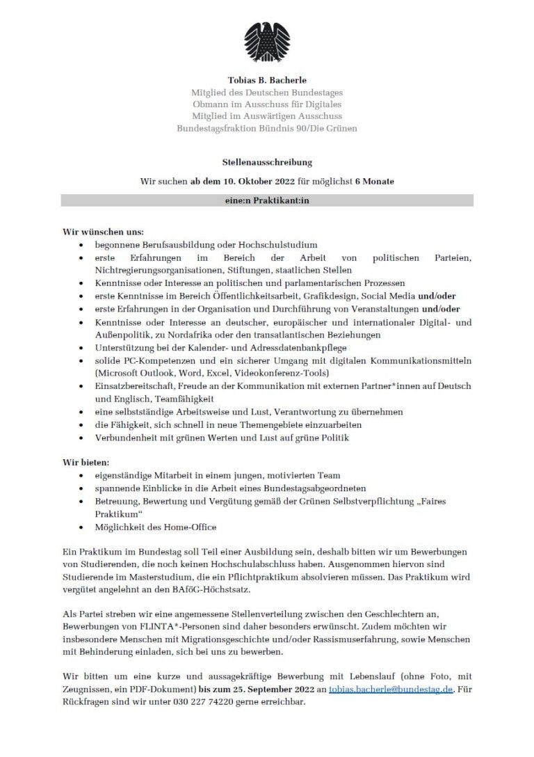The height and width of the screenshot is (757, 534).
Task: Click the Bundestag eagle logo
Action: pyautogui.click(x=267, y=42)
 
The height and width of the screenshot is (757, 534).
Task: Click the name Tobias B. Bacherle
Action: pyautogui.click(x=267, y=81)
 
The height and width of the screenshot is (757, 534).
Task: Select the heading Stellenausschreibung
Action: pyautogui.click(x=267, y=162)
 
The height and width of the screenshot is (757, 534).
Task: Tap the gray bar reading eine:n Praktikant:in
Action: pyautogui.click(x=267, y=200)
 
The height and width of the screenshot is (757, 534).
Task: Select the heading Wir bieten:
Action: pyautogui.click(x=87, y=463)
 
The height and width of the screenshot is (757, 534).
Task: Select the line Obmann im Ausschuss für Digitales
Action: pyautogui.click(x=267, y=104)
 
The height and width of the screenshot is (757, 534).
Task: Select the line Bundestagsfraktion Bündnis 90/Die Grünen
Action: pyautogui.click(x=267, y=128)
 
